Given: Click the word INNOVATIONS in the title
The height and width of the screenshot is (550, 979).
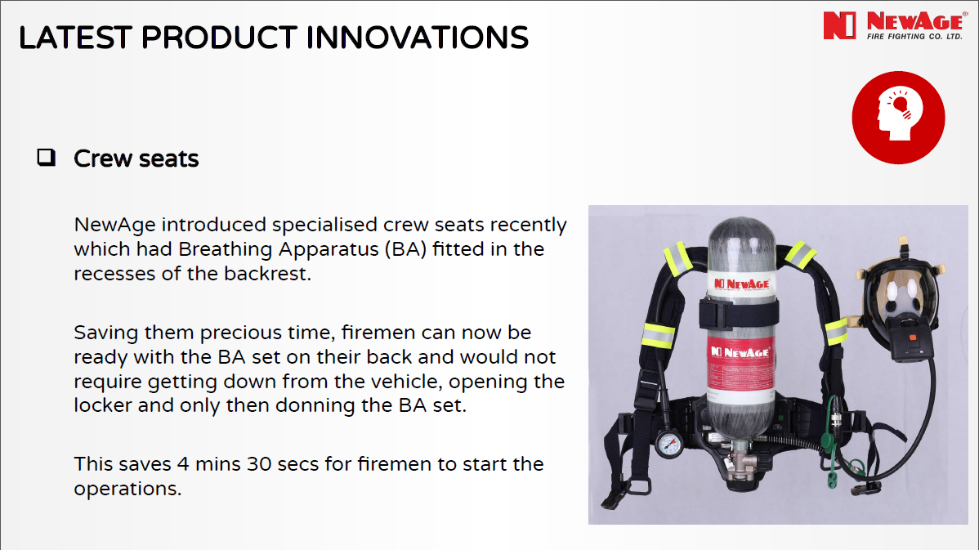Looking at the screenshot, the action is tap(417, 38).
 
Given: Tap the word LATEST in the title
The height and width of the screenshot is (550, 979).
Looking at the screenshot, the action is tap(75, 38).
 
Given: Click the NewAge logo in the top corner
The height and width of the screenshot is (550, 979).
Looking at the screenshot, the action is tap(894, 25).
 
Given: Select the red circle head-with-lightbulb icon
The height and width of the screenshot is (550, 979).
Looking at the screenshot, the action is tap(898, 118).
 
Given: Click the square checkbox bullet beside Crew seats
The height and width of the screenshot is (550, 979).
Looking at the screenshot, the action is tap(47, 157).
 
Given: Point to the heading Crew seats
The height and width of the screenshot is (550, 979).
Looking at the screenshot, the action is tap(136, 159).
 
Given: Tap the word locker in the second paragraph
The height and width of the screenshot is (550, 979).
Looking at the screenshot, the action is tap(103, 405).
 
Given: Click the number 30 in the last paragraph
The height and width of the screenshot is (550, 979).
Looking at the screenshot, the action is tap(259, 464).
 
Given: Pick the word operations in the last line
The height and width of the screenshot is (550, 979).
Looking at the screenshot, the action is tap(127, 489).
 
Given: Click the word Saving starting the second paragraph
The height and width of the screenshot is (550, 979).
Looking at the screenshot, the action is tap(106, 333).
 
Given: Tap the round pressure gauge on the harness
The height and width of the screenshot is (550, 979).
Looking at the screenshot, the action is tap(669, 444).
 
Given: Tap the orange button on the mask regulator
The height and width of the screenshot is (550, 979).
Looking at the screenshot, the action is tap(913, 338).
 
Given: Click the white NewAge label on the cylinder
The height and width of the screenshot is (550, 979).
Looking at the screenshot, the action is tap(741, 284).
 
